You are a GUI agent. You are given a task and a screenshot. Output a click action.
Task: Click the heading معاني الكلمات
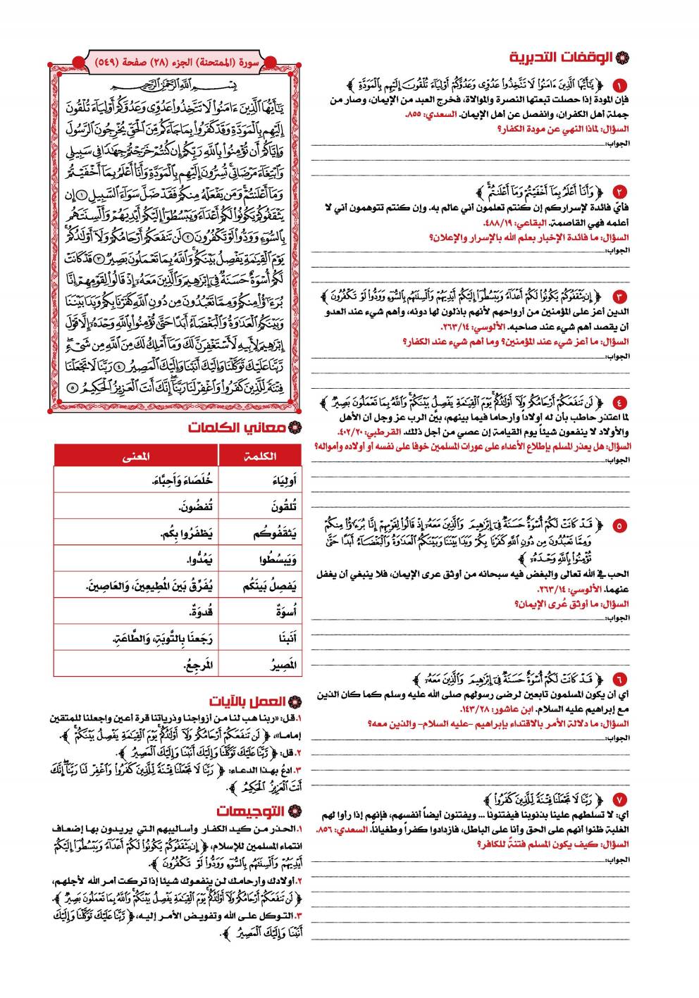[x=237, y=428]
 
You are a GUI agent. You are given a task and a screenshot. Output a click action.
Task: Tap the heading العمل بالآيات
[x=247, y=701]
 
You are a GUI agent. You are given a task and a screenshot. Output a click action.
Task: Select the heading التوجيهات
[x=251, y=811]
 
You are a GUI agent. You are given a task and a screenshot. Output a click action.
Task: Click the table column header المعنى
[x=136, y=456]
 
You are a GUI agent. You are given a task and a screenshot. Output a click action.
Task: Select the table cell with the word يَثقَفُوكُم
[x=274, y=534]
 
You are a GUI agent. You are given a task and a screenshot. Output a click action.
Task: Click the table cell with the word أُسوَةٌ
[x=285, y=611]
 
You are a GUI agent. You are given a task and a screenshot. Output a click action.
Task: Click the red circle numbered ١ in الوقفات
[x=619, y=87]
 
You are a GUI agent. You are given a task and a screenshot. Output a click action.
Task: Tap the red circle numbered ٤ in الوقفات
[x=619, y=403]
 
